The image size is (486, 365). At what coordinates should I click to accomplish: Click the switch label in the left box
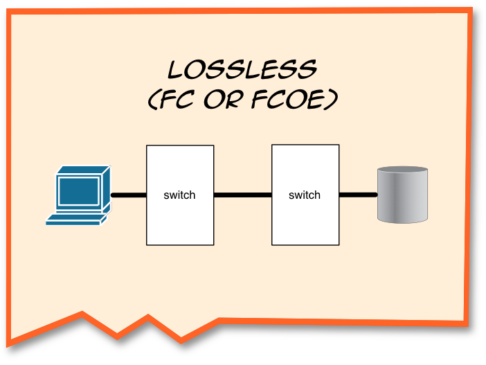pos(180,195)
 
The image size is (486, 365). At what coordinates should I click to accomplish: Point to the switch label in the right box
pos(305,195)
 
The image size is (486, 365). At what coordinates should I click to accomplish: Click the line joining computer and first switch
pos(128,195)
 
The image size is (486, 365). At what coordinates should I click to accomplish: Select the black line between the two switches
pos(242,195)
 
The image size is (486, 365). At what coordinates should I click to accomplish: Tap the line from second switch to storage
pos(358,195)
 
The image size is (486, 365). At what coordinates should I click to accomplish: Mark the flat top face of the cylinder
pos(403,170)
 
